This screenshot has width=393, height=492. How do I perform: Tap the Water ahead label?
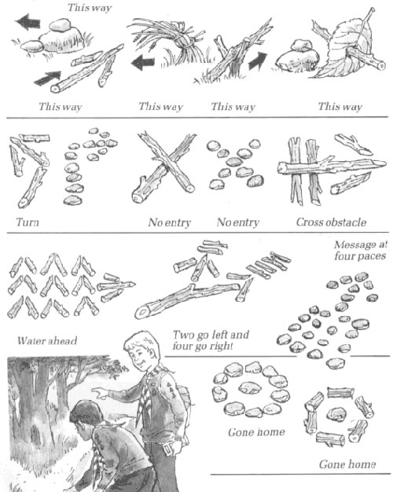(x=42, y=340)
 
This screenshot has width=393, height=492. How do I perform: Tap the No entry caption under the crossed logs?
(x=165, y=222)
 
